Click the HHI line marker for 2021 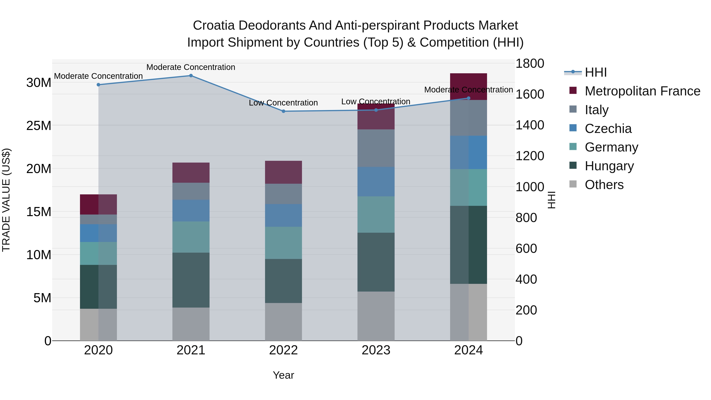(191, 76)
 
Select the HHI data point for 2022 (283, 111)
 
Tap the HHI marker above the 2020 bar (98, 85)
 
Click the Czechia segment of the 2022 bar (283, 215)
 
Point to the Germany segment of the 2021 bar (191, 237)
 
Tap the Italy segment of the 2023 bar (376, 148)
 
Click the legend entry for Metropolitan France (642, 91)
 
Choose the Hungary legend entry (609, 166)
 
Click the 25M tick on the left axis (39, 126)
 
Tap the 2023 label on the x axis (376, 350)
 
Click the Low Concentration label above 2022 (283, 103)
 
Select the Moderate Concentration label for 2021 (191, 67)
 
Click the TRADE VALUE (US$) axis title (6, 200)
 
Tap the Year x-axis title (283, 375)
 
